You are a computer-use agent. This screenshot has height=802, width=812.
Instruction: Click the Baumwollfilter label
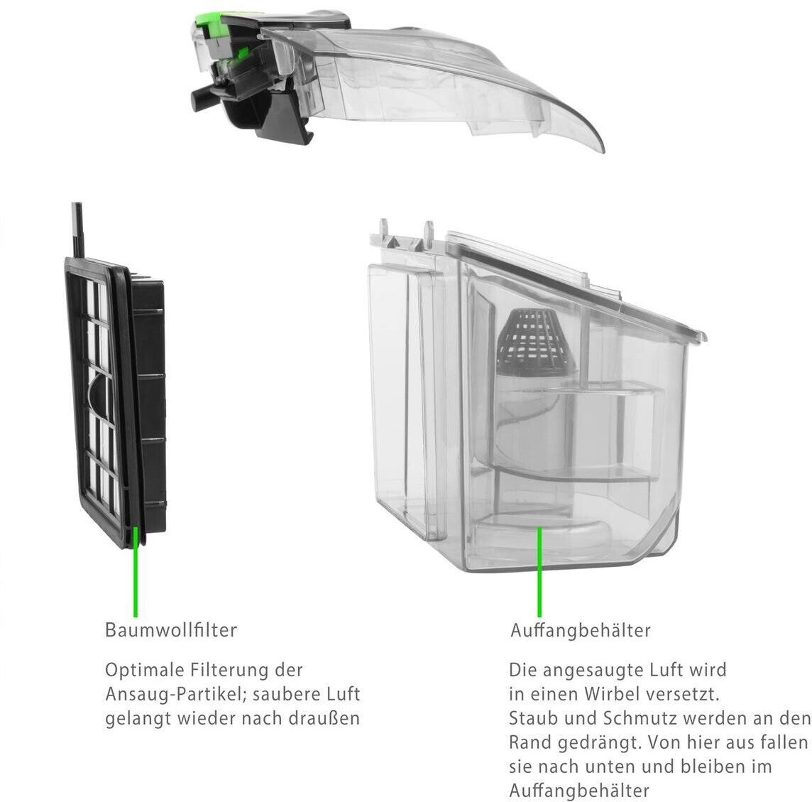pos(170,629)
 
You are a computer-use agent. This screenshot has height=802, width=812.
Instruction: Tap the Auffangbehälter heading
pos(580,630)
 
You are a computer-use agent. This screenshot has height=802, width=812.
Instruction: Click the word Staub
pos(534,717)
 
